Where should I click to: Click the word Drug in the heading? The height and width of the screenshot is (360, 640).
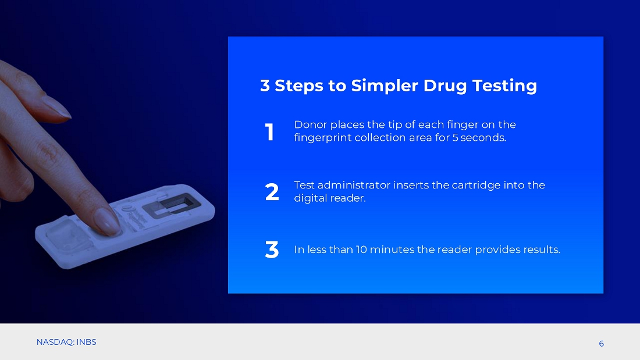pos(445,86)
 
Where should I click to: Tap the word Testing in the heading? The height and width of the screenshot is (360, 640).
pos(504,86)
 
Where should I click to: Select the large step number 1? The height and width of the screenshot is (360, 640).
pos(269,132)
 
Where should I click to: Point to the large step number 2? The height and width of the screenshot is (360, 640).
pos(272,192)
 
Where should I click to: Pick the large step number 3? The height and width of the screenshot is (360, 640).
pos(272,249)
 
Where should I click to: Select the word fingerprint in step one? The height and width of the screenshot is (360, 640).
pos(322,138)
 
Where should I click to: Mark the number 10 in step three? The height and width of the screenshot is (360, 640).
pos(361,249)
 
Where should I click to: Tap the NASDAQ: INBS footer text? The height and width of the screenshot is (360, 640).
pos(66,342)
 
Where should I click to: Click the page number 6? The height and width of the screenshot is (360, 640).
pos(601,344)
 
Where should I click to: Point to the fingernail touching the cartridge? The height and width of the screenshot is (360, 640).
pos(106,222)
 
